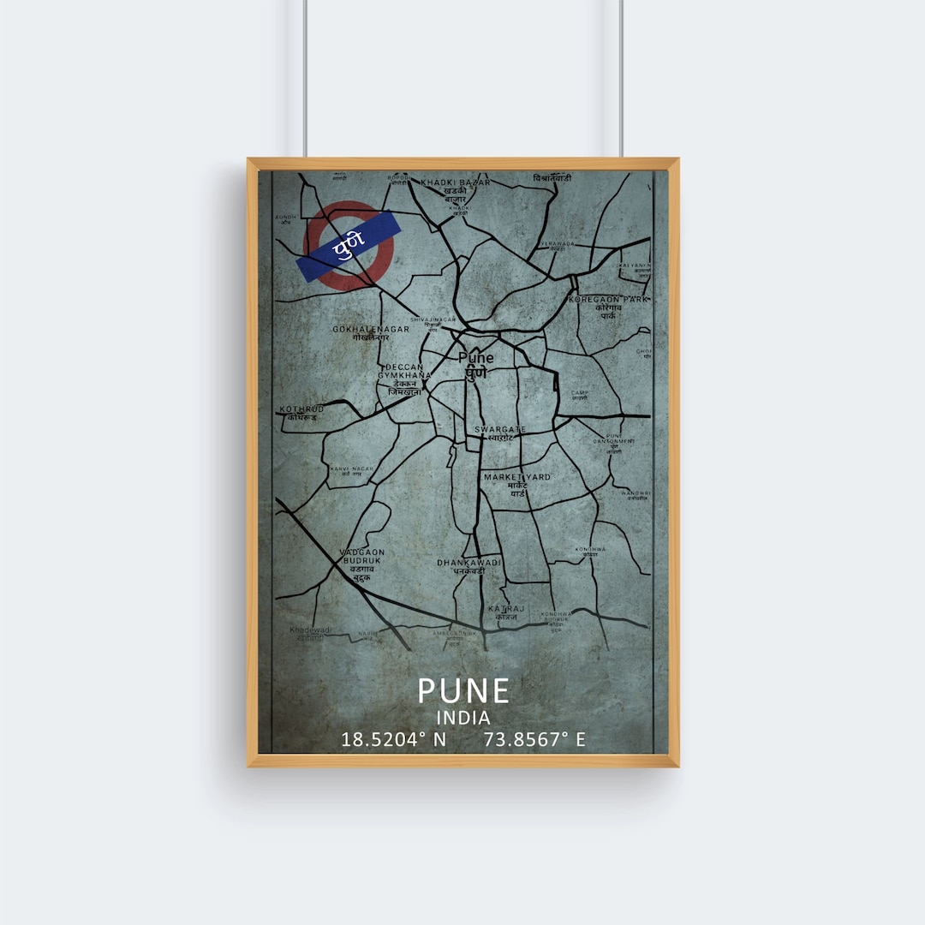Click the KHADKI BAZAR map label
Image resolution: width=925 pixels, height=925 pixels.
(x=455, y=182)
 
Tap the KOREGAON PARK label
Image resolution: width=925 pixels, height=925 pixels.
(x=609, y=299)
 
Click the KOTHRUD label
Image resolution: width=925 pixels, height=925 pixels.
(x=301, y=409)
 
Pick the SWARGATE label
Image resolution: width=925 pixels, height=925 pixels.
(x=501, y=429)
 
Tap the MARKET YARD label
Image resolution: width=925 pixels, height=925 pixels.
(x=517, y=477)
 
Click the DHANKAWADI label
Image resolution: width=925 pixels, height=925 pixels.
(x=468, y=563)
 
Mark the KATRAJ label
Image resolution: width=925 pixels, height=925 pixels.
(x=504, y=608)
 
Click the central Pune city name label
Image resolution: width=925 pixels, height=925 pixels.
(x=475, y=357)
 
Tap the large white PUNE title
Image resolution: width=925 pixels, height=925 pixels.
(x=463, y=690)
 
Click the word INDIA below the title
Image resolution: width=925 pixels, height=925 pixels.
(x=463, y=718)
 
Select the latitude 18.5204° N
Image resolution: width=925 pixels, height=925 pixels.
(x=394, y=739)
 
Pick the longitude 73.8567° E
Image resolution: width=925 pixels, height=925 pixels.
(x=534, y=739)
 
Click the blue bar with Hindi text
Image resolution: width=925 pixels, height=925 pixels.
(x=349, y=246)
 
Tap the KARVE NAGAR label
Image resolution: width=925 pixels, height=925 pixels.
(x=351, y=469)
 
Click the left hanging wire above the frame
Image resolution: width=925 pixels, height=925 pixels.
(x=306, y=77)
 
